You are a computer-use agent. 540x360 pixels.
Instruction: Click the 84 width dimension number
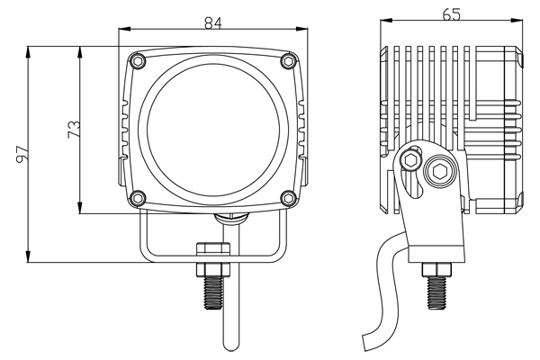coord(213,23)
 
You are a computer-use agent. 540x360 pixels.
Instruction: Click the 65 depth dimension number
coord(452,14)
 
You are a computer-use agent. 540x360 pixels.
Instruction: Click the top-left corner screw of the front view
coord(137,60)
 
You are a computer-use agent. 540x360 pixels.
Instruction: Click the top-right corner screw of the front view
coord(287,60)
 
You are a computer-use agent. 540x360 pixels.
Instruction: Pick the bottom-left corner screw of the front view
coord(137,198)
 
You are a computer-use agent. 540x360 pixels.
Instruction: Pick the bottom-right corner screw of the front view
coord(287,198)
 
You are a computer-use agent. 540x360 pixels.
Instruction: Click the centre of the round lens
coord(212,130)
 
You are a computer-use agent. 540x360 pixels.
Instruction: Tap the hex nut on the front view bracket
coord(213,254)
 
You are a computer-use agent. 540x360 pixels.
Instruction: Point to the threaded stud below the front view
coord(213,292)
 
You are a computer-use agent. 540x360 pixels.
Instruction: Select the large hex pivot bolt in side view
coord(442,170)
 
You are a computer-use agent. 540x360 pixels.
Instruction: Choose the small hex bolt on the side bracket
coord(411,160)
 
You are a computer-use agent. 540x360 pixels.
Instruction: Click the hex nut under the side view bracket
coord(436,269)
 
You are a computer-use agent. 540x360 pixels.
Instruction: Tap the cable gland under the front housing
coord(231,218)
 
